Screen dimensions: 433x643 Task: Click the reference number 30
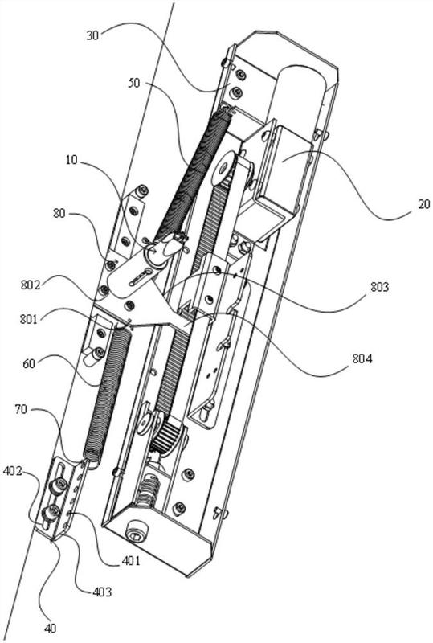92,35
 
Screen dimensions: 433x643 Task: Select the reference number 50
134,83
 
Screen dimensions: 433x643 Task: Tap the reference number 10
71,159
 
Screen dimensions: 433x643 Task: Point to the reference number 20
424,204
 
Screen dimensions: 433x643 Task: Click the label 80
59,213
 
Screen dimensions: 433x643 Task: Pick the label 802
31,285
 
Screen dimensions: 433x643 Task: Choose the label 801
28,319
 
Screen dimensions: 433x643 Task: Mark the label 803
379,287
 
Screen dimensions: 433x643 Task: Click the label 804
362,359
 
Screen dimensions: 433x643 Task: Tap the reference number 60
29,363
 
